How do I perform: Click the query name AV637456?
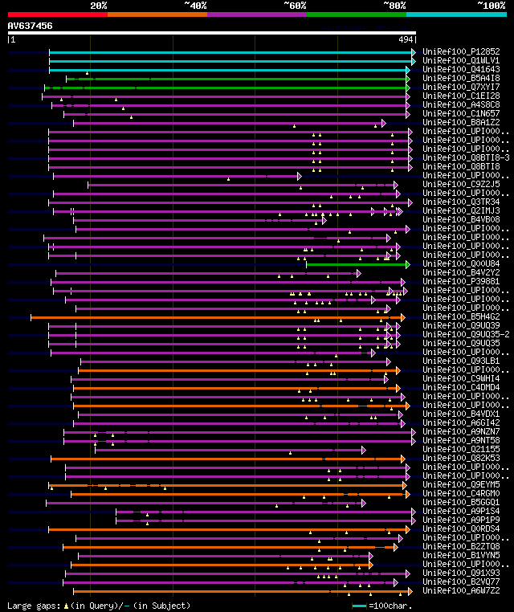tap(31, 26)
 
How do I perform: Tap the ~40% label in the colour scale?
tap(195, 6)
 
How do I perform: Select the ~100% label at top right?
tap(491, 6)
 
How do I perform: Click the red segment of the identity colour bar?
tap(57, 14)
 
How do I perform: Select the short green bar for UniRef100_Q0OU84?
tap(357, 263)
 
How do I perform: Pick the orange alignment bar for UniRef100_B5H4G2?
tap(217, 316)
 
